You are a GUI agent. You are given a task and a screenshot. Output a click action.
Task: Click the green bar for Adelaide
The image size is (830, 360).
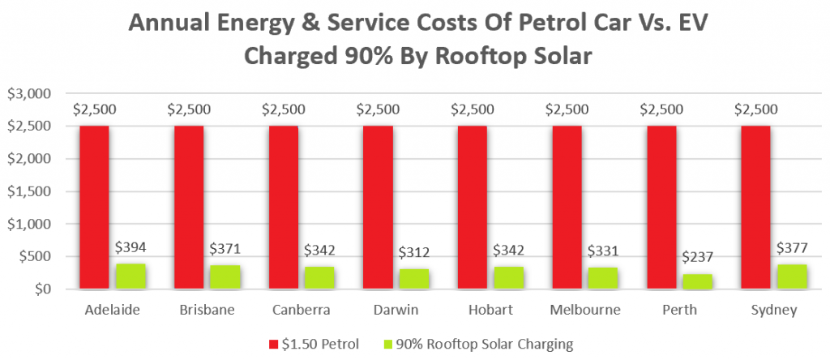point(130,276)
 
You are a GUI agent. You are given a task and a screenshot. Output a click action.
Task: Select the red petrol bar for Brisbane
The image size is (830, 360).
point(189,208)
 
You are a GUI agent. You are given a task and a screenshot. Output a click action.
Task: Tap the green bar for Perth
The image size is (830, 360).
point(698,281)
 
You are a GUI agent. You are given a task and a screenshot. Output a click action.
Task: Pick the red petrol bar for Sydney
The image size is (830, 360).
point(756,208)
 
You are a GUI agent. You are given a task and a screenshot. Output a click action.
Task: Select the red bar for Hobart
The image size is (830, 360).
point(473,208)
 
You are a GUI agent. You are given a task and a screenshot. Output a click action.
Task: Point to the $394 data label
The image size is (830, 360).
point(130,246)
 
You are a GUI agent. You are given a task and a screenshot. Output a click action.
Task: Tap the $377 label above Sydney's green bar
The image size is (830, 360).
point(792,247)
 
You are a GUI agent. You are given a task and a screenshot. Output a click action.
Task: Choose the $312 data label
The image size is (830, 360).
point(414,252)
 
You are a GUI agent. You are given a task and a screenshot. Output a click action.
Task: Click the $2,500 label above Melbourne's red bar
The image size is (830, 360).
point(567,109)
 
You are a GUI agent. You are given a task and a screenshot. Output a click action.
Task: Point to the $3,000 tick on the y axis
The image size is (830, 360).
point(29,94)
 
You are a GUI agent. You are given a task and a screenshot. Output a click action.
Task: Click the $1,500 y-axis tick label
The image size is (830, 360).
point(29,191)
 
